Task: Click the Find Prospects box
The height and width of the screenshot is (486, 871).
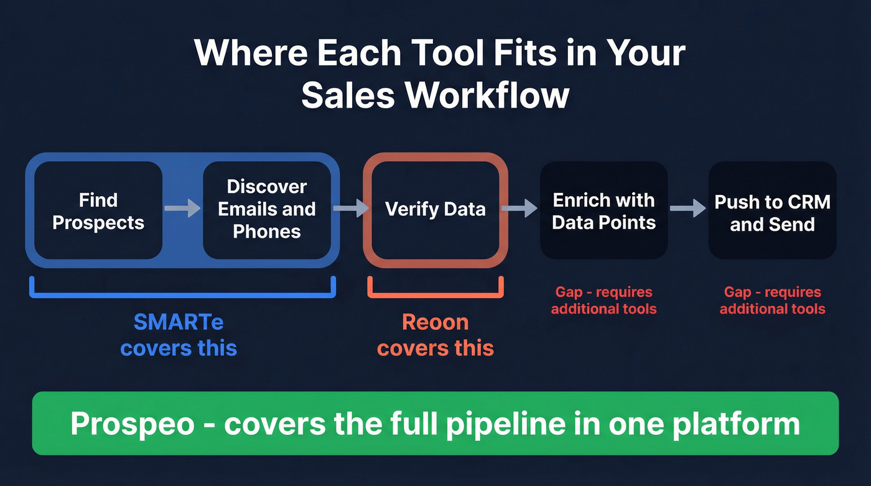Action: click(x=98, y=211)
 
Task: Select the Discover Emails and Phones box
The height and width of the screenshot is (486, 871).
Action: click(x=266, y=209)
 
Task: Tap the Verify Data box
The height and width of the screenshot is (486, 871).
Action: click(x=435, y=209)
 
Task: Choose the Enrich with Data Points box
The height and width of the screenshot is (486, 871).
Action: click(x=603, y=211)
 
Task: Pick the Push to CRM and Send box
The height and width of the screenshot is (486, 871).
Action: click(x=772, y=212)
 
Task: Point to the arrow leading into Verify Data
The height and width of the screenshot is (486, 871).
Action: click(x=351, y=207)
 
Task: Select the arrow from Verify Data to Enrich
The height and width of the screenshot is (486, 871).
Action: click(x=519, y=207)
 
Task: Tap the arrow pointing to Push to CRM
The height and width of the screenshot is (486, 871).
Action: click(x=687, y=208)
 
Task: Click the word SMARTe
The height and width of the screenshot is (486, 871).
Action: click(x=179, y=322)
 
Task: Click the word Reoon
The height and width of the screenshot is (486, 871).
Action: click(x=435, y=322)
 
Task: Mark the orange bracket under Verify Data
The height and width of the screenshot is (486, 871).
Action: click(x=435, y=291)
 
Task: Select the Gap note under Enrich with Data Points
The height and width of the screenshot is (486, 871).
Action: click(x=603, y=300)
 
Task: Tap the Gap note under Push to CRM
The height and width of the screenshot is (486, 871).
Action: click(x=772, y=300)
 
